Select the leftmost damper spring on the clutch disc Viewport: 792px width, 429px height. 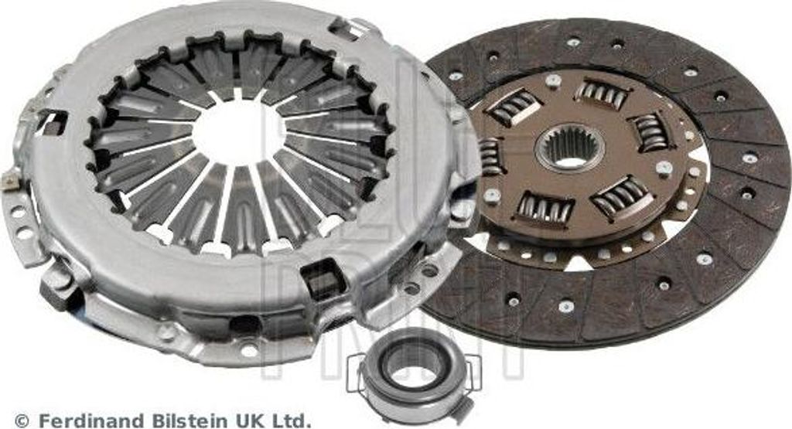pos(490,156)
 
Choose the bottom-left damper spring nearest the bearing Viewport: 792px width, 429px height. pos(544,207)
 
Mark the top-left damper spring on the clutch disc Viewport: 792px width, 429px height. pos(514,106)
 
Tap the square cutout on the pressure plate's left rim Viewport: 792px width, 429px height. pos(53,122)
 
